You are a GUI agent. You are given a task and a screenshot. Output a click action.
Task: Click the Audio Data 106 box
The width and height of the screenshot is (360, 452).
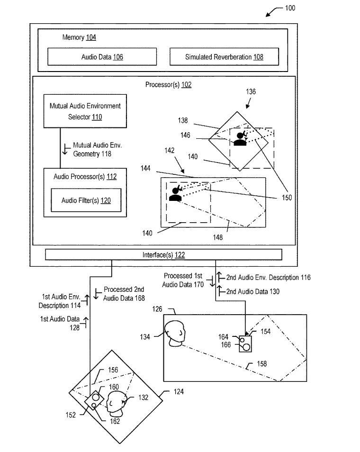(x=102, y=57)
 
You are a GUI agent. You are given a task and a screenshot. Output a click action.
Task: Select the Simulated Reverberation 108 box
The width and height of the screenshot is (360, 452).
(x=224, y=57)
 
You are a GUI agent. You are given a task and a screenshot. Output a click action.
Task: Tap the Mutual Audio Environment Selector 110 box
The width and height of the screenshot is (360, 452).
(x=85, y=111)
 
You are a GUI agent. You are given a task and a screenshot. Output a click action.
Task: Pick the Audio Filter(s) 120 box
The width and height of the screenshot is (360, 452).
(x=86, y=200)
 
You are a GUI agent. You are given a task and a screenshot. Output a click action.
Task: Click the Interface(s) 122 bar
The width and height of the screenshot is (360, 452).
(x=163, y=254)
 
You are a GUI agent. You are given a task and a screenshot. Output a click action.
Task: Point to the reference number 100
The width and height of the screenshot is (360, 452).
(x=290, y=8)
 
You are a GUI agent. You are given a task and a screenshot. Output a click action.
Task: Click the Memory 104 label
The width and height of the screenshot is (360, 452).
(x=79, y=37)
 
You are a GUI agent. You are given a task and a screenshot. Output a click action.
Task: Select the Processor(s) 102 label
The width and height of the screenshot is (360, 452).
(x=168, y=84)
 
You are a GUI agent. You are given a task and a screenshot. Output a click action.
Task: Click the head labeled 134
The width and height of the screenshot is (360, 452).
(x=175, y=334)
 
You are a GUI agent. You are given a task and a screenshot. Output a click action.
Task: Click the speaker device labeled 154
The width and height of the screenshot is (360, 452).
(x=245, y=344)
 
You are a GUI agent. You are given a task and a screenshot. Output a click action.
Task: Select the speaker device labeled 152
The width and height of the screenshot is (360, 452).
(x=94, y=400)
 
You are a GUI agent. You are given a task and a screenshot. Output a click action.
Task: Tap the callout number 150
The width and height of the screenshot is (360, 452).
(x=287, y=198)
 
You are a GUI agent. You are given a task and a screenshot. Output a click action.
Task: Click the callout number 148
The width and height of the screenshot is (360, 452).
(x=217, y=237)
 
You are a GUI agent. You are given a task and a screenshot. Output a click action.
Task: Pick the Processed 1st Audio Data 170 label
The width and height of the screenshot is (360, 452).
(x=183, y=280)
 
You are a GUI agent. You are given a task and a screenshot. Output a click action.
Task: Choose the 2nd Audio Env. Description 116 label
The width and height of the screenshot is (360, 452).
(x=268, y=277)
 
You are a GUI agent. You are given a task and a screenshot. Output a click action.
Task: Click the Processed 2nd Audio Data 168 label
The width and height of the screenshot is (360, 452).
(x=124, y=294)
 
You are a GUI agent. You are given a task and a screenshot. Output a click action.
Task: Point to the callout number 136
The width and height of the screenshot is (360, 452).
(x=251, y=91)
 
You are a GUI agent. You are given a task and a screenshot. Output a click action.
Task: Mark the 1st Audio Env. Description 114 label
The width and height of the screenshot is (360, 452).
(x=60, y=301)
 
